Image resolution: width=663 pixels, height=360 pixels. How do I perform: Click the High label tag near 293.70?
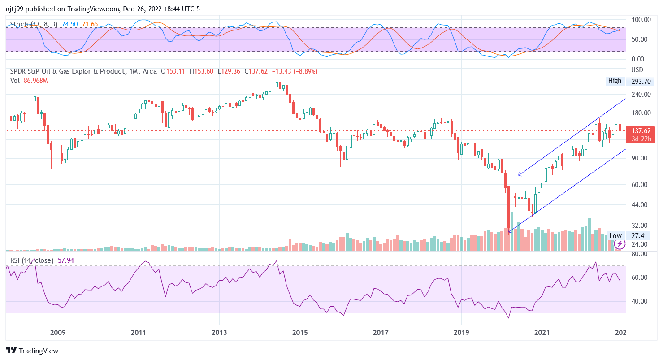pyautogui.click(x=615, y=81)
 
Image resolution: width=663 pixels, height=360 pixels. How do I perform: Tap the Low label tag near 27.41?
pyautogui.click(x=615, y=236)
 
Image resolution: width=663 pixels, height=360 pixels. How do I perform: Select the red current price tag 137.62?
pyautogui.click(x=641, y=131)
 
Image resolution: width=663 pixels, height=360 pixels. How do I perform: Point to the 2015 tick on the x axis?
pyautogui.click(x=300, y=332)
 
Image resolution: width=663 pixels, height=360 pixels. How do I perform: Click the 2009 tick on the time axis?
pyautogui.click(x=58, y=332)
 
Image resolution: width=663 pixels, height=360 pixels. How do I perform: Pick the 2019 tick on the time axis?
pyautogui.click(x=461, y=332)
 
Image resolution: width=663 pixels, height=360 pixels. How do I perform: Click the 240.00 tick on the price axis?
pyautogui.click(x=641, y=95)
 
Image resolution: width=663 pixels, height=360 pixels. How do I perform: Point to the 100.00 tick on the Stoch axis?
pyautogui.click(x=641, y=20)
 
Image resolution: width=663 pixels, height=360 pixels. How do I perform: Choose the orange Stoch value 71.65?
pyautogui.click(x=90, y=24)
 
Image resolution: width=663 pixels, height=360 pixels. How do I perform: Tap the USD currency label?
pyautogui.click(x=637, y=70)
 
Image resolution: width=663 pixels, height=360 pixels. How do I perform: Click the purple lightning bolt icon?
pyautogui.click(x=620, y=244)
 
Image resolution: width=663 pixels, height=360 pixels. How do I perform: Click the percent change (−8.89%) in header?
pyautogui.click(x=304, y=71)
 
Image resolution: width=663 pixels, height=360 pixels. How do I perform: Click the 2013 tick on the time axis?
pyautogui.click(x=219, y=332)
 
